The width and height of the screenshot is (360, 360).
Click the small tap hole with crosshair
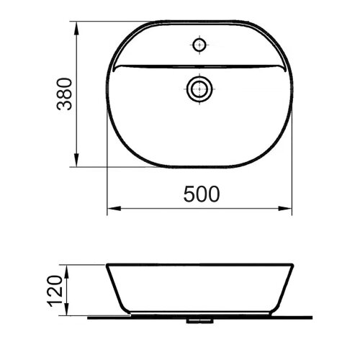[199, 45]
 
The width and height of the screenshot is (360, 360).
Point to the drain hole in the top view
[199, 89]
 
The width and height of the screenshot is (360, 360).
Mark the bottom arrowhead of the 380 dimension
[77, 163]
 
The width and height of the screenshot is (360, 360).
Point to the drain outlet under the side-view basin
[199, 318]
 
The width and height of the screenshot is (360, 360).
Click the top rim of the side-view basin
[199, 264]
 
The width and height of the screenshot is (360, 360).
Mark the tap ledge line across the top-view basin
[199, 67]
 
